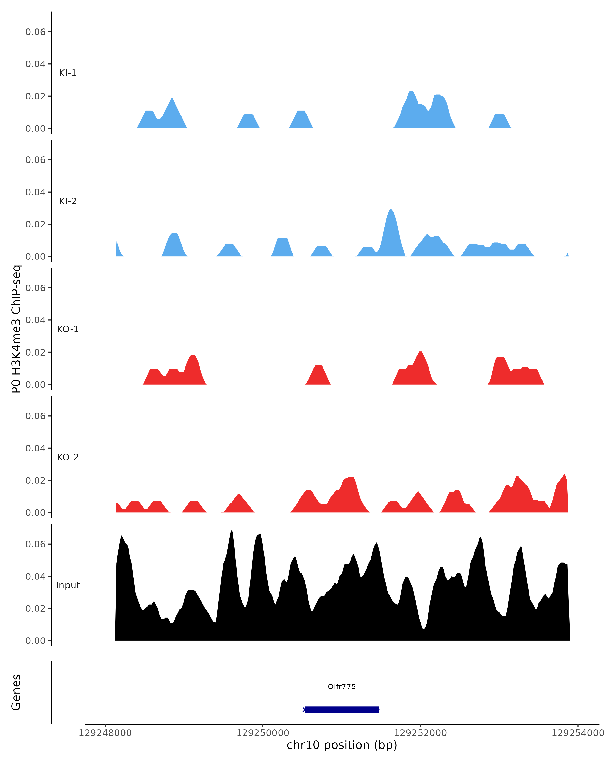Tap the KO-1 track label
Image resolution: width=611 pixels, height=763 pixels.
click(68, 329)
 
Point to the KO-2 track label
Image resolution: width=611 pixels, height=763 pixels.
click(68, 457)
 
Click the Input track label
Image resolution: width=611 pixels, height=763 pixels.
click(68, 585)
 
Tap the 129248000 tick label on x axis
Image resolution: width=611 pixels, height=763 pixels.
click(105, 733)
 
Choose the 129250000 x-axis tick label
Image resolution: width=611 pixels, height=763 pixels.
click(262, 733)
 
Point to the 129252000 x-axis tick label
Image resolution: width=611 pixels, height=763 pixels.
click(420, 733)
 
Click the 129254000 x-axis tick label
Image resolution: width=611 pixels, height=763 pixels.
click(578, 733)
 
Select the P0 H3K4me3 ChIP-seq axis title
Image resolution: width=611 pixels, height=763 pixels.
click(16, 329)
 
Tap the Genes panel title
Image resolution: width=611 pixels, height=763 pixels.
click(16, 692)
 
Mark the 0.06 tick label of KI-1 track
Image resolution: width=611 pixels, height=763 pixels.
click(35, 32)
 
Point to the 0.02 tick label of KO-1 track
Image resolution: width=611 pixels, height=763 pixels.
click(35, 353)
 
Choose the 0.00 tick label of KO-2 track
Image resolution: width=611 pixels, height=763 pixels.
click(35, 513)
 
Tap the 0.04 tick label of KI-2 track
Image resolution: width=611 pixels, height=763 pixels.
click(35, 192)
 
